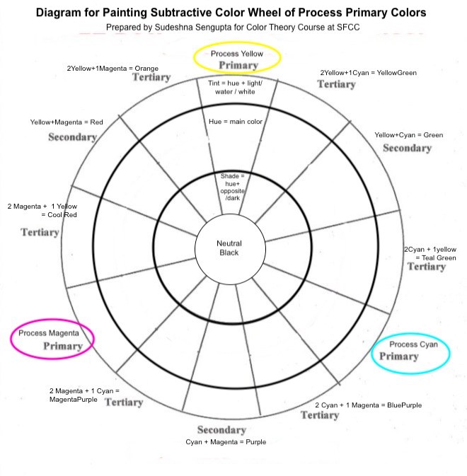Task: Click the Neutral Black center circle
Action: point(229,248)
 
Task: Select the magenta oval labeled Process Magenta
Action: point(52,339)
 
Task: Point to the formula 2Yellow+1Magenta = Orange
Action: point(113,69)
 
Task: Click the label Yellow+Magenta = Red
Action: point(67,122)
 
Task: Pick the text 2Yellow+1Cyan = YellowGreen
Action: point(369,72)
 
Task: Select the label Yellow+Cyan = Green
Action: point(408,134)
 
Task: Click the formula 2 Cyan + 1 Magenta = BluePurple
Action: point(368,405)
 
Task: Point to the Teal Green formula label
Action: point(430,253)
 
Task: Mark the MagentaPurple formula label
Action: point(84,395)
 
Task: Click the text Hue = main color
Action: point(236,122)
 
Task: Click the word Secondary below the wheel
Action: point(221,430)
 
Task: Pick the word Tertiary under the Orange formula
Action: point(151,77)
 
